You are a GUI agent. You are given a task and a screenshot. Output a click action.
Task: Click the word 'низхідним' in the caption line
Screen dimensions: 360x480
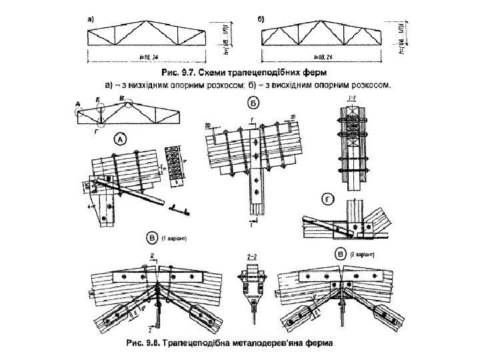coord(153,85)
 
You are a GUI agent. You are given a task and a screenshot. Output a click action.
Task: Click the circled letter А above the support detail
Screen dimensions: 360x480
coord(121,139)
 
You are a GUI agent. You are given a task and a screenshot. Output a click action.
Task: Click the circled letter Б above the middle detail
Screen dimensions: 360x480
coord(253,103)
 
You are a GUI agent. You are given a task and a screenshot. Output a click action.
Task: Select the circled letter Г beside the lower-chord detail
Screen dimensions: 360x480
coord(328,199)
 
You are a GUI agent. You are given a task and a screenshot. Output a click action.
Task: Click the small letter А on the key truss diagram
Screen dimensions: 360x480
coord(78,103)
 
